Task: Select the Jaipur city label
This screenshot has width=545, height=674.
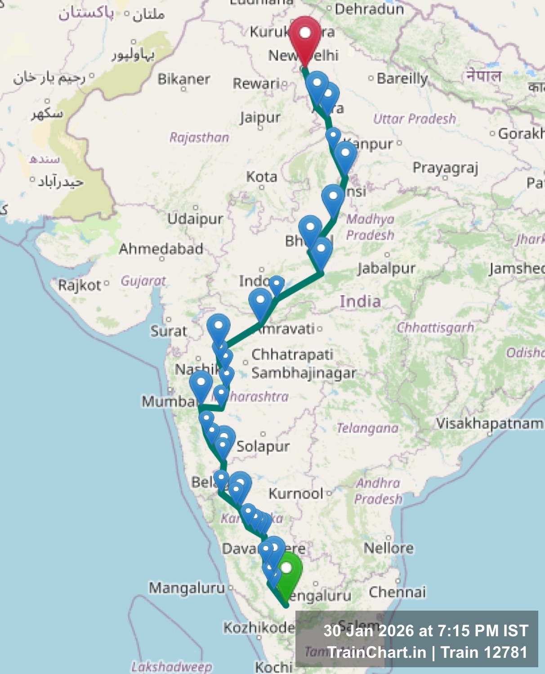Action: [x=260, y=118]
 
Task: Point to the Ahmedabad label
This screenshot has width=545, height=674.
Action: [x=161, y=248]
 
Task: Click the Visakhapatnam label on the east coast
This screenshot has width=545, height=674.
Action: [x=489, y=423]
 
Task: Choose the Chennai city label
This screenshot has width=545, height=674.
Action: [x=397, y=592]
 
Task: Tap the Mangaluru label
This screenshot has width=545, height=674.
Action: [x=187, y=588]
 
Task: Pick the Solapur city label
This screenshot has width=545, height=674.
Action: [x=263, y=446]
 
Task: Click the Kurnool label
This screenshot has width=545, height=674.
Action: [x=296, y=494]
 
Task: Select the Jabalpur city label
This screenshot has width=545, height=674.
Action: [x=386, y=268]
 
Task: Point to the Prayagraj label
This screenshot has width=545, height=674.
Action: [x=445, y=168]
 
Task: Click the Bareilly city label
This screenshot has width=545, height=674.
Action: [x=402, y=78]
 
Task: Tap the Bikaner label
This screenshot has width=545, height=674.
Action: [x=183, y=79]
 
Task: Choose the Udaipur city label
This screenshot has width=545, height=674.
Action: [x=195, y=219]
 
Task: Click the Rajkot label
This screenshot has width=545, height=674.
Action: [x=80, y=285]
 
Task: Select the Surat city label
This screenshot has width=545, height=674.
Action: [x=168, y=331]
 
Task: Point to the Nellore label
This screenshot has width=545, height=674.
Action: [x=389, y=548]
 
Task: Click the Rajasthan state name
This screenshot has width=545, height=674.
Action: [x=199, y=137]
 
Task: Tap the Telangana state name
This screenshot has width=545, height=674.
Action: [x=367, y=428]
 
